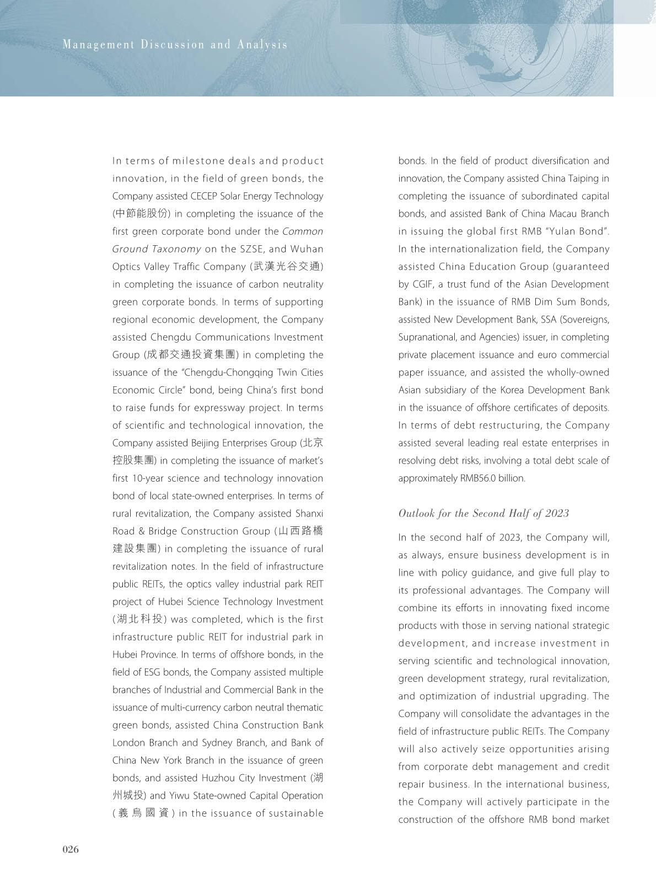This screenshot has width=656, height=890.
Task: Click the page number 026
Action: point(71,849)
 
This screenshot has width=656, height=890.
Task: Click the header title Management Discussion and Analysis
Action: point(175,45)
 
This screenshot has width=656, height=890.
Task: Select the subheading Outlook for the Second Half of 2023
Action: point(483,513)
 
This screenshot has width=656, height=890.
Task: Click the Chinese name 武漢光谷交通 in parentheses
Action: point(287,267)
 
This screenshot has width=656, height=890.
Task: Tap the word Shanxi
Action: point(309,514)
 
